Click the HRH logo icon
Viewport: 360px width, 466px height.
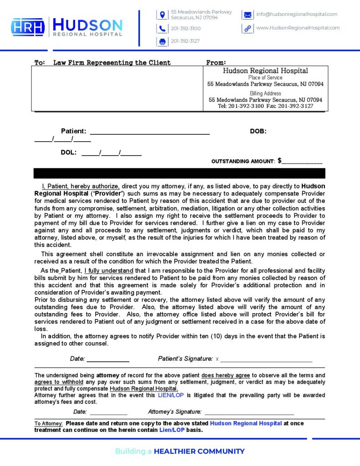28,27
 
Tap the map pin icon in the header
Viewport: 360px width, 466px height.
162,15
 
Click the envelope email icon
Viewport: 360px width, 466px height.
247,15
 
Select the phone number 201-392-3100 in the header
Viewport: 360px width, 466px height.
186,29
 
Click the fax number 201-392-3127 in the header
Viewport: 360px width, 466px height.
185,41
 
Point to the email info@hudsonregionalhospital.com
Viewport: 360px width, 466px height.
297,14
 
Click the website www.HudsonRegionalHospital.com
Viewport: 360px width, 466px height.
298,28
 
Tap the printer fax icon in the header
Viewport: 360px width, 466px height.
162,41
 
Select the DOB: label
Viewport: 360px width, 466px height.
258,131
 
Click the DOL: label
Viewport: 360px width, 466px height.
68,153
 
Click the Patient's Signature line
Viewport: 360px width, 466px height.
266,359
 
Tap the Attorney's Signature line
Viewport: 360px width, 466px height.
249,412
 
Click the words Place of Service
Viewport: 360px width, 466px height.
265,78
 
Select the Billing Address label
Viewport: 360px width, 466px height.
265,93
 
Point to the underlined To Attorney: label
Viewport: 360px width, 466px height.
49,424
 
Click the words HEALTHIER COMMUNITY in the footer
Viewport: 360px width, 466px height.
199,451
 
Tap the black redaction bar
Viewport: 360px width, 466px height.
179,173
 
